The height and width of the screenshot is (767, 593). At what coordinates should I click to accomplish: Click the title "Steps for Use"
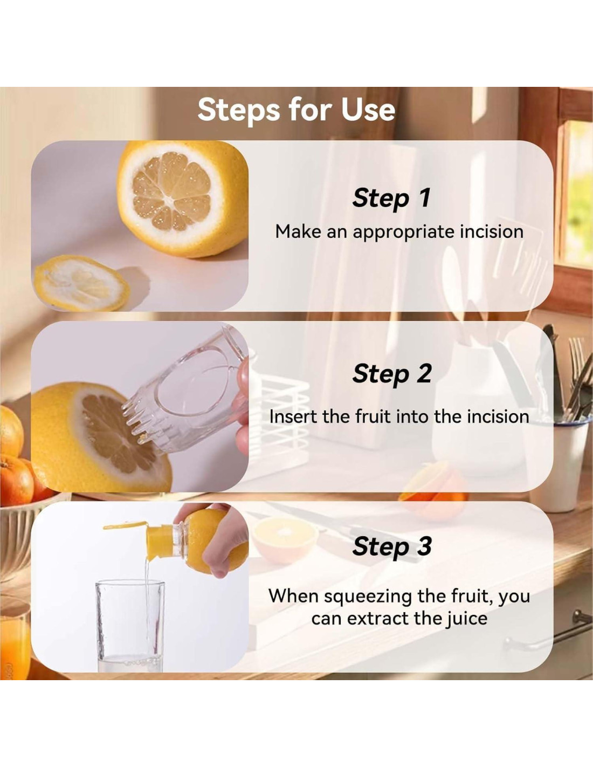[x=296, y=110]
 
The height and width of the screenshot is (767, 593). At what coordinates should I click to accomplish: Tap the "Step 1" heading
[x=391, y=198]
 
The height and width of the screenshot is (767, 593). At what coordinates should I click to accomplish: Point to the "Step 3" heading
[x=392, y=547]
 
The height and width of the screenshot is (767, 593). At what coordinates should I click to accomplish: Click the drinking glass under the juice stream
[x=130, y=627]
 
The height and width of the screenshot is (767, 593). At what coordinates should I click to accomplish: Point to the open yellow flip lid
[x=125, y=525]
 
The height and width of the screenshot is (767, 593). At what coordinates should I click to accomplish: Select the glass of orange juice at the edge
[x=14, y=639]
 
